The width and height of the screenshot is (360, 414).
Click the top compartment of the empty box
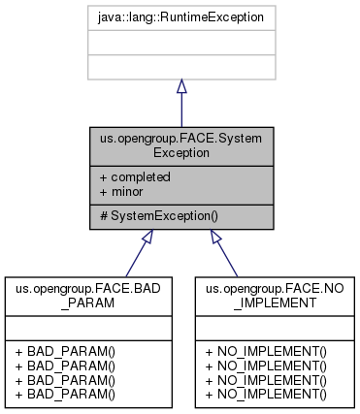[x=181, y=17]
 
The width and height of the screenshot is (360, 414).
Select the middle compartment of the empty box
[x=181, y=43]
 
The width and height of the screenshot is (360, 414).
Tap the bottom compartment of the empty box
[x=181, y=67]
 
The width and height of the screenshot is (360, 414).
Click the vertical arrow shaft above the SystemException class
[x=181, y=111]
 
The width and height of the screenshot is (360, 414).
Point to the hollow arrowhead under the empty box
[x=181, y=87]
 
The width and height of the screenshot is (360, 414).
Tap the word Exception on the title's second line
[x=181, y=153]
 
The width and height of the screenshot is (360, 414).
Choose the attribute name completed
[x=141, y=177]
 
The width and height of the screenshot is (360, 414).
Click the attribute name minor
[x=127, y=192]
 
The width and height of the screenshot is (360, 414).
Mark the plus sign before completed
[x=103, y=177]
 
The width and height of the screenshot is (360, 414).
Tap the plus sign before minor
[x=103, y=192]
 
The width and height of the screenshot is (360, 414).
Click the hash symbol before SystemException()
[x=103, y=215]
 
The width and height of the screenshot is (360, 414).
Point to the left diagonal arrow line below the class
[x=136, y=257]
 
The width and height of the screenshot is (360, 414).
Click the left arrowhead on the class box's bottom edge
[x=147, y=236]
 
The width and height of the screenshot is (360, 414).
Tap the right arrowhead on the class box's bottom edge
[x=215, y=236]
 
